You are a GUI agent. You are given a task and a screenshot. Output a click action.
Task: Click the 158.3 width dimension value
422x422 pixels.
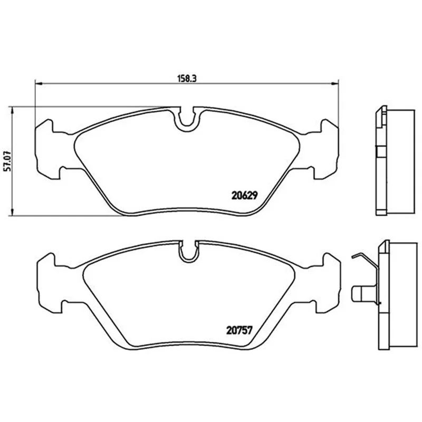(x=187, y=79)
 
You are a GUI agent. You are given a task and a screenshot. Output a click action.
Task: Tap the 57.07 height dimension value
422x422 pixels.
(x=8, y=161)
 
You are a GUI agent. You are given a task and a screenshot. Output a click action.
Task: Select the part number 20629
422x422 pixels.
(x=245, y=195)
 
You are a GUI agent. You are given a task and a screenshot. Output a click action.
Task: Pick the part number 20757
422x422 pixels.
(x=239, y=330)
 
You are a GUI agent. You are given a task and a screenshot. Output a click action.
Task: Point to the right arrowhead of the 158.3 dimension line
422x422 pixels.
(x=335, y=84)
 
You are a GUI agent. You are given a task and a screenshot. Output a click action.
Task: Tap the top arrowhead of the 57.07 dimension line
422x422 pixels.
(x=11, y=110)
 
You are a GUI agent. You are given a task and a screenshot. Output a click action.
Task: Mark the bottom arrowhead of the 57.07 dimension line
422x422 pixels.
(x=11, y=212)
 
